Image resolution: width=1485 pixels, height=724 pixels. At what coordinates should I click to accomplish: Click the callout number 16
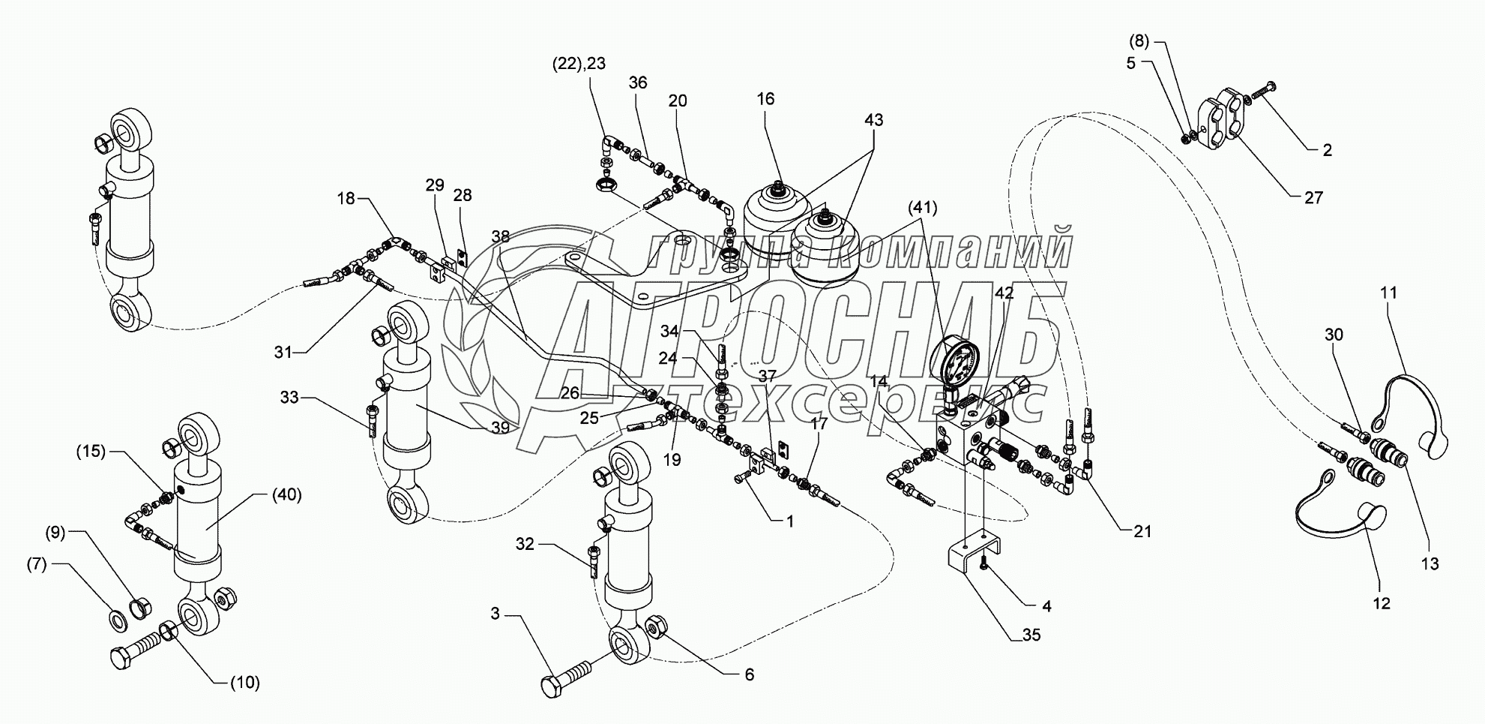(x=765, y=99)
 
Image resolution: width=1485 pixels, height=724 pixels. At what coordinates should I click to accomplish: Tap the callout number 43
(x=873, y=120)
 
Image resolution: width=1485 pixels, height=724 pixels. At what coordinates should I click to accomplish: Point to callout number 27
(x=1313, y=198)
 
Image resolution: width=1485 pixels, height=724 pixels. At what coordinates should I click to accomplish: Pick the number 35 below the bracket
(x=1031, y=635)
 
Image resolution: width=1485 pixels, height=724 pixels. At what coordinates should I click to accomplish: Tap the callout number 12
(x=1381, y=602)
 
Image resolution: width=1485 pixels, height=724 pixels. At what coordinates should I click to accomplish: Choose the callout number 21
(x=1142, y=532)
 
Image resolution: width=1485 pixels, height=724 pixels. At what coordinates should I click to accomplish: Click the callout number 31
(x=283, y=351)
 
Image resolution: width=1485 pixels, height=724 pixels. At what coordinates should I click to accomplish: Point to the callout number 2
(x=1327, y=150)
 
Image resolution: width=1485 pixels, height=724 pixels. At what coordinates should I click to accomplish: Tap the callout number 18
(x=346, y=199)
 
